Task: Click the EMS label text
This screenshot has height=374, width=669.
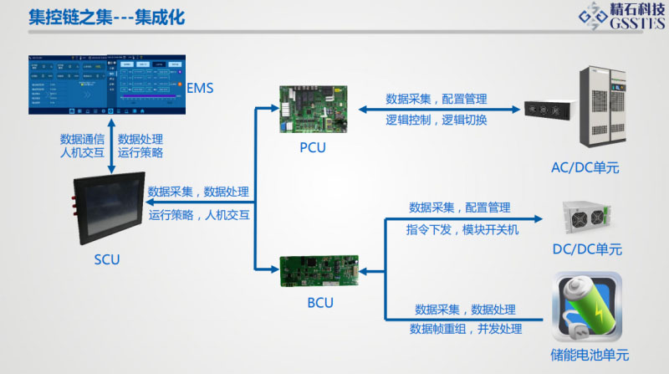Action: [x=201, y=89]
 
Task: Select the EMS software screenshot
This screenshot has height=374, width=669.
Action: [x=105, y=85]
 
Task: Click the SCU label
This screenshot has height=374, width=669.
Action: [x=107, y=259]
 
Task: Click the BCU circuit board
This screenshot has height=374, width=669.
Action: [x=321, y=270]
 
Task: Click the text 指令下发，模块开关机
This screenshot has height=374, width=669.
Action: [x=462, y=229]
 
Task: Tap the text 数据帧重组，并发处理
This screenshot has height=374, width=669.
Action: [x=465, y=329]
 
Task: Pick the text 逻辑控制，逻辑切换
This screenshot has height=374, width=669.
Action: [x=437, y=120]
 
